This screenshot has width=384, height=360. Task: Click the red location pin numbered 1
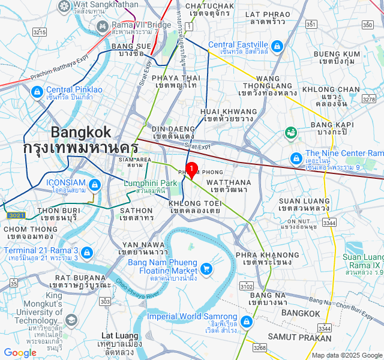click(x=191, y=170)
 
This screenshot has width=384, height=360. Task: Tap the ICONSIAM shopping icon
click(x=94, y=184)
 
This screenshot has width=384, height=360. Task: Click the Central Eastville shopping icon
click(x=277, y=46)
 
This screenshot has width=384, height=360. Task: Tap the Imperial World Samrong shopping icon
click(x=245, y=321)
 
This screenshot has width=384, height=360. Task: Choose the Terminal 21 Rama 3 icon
click(x=87, y=253)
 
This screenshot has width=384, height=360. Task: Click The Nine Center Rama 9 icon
click(x=295, y=158)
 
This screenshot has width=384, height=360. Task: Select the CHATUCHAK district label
click(x=209, y=9)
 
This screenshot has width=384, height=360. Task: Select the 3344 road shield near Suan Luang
click(x=329, y=223)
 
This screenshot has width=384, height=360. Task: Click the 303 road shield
click(x=105, y=301)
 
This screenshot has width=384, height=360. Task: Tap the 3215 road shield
click(x=40, y=32)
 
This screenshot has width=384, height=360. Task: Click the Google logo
click(x=20, y=353)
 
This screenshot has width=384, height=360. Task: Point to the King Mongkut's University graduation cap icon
click(x=71, y=320)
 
